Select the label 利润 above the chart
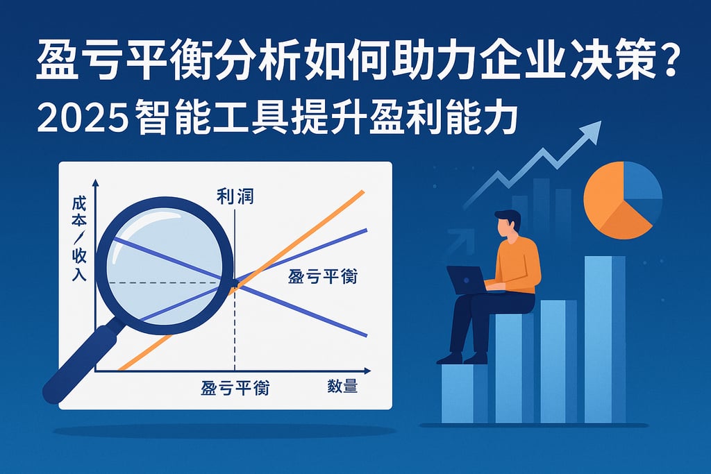coord(235,196)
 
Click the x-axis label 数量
coord(342,387)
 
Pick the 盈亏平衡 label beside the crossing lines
coord(323,277)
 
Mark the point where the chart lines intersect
coord(235,282)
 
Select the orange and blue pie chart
coord(622,200)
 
